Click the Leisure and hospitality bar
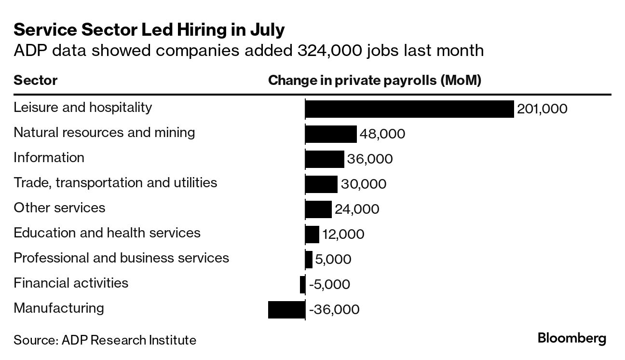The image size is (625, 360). pos(409,109)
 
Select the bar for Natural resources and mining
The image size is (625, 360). pos(331,134)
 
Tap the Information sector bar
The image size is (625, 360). pos(325,159)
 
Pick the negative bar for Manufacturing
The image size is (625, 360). pos(286,310)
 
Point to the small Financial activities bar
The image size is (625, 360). pos(302,285)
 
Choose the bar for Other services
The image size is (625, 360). pos(318,209)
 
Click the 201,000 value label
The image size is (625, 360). pos(542,109)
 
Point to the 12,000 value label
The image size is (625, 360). pos(343,235)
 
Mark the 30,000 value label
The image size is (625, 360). pos(364,184)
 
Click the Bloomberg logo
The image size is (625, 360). pos(572,338)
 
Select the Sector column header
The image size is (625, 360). pos(36,80)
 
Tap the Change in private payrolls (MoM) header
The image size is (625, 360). pos(375,80)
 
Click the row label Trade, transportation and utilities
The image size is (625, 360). pos(115,183)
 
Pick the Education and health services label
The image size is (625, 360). pos(107,233)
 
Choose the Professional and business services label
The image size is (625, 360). pos(121,258)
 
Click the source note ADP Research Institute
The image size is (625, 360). pos(129,340)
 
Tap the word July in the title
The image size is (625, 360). pos(267,30)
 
